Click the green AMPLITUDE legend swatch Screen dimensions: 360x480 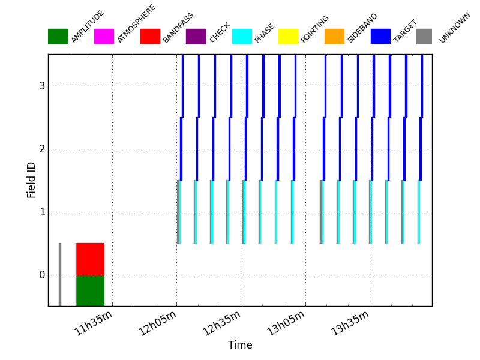coord(58,36)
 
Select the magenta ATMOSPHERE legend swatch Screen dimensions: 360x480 coord(104,36)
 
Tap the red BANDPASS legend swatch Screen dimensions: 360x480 coord(150,36)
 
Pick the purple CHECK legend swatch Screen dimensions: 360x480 coord(196,36)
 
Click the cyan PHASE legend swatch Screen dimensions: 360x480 coord(242,36)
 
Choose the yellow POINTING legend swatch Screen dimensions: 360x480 coord(288,36)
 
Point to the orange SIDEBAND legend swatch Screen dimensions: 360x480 coord(334,36)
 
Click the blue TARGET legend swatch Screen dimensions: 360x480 coord(380,36)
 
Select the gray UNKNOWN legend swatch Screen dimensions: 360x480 coord(424,36)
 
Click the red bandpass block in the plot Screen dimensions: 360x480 coord(90,259)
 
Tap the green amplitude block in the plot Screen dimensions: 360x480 coord(90,290)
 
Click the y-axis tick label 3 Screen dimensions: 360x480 coord(41,86)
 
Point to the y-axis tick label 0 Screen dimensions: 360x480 coord(41,275)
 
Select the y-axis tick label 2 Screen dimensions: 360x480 coord(41,149)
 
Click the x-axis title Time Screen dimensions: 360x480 coord(240,345)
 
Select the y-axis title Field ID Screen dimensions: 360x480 coord(32,180)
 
